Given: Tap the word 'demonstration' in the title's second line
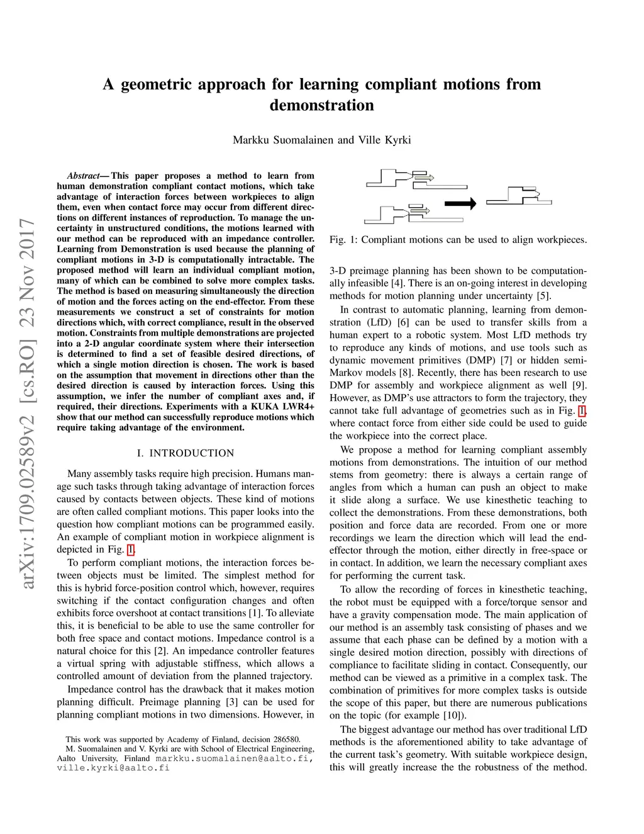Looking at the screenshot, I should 321,105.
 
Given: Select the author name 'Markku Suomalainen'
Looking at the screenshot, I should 284,140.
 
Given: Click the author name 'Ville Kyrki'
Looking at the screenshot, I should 384,140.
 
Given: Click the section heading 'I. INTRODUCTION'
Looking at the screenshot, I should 186,453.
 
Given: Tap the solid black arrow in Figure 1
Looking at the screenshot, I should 460,203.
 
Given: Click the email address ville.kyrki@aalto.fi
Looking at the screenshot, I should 113,768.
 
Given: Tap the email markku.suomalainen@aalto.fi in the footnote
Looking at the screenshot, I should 233,758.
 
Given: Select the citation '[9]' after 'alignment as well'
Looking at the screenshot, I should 579,385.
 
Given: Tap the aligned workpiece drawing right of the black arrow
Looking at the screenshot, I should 519,196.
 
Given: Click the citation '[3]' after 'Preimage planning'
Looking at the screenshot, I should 232,702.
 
